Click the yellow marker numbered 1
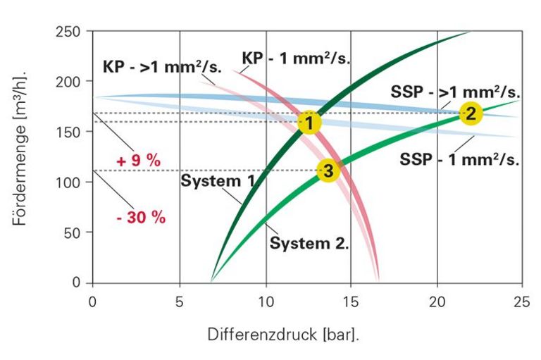[x=309, y=123]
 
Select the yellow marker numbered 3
[x=328, y=170]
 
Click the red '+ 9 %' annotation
[x=138, y=161]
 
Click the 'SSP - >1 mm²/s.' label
[x=455, y=92]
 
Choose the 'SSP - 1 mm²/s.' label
[x=459, y=159]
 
